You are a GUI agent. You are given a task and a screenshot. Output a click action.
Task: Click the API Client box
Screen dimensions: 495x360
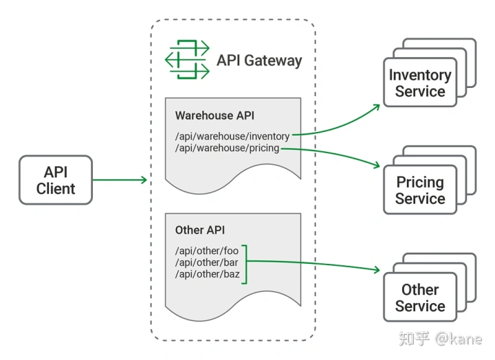click(x=56, y=180)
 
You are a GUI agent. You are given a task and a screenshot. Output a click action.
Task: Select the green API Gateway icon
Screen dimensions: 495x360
click(x=187, y=59)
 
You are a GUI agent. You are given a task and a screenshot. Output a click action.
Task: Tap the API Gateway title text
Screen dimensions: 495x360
click(x=259, y=60)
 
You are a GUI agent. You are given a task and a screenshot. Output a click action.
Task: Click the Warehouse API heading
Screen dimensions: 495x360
click(x=214, y=115)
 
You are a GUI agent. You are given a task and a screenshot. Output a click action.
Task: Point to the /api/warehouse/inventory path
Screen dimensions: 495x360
click(x=232, y=136)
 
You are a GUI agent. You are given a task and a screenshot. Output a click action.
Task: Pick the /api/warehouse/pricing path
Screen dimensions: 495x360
click(x=228, y=148)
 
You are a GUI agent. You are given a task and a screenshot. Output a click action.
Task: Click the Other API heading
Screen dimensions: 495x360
click(x=200, y=230)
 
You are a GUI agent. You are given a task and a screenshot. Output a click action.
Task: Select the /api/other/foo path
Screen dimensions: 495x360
click(x=207, y=251)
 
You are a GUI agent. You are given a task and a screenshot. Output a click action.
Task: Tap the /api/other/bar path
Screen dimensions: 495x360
click(x=207, y=262)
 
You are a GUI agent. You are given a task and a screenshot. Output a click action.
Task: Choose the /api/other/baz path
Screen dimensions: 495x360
click(x=208, y=274)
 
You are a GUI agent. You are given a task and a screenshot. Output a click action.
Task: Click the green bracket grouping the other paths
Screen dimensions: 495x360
click(x=246, y=265)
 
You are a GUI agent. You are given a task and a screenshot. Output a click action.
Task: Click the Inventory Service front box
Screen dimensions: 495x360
click(x=420, y=82)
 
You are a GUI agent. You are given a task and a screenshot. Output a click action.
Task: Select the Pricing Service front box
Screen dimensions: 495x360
click(x=420, y=190)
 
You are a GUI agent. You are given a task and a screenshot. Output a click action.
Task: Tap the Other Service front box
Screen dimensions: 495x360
click(x=420, y=297)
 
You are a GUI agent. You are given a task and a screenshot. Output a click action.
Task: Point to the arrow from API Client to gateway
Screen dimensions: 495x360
click(x=120, y=180)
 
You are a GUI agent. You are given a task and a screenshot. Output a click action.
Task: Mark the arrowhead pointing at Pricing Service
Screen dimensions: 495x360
click(x=376, y=164)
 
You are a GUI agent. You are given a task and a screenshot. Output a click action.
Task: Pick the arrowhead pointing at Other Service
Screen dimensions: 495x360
click(x=376, y=269)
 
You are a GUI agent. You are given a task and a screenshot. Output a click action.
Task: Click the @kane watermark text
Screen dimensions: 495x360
click(x=459, y=339)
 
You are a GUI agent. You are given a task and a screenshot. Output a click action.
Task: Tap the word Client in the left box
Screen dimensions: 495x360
click(x=56, y=189)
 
